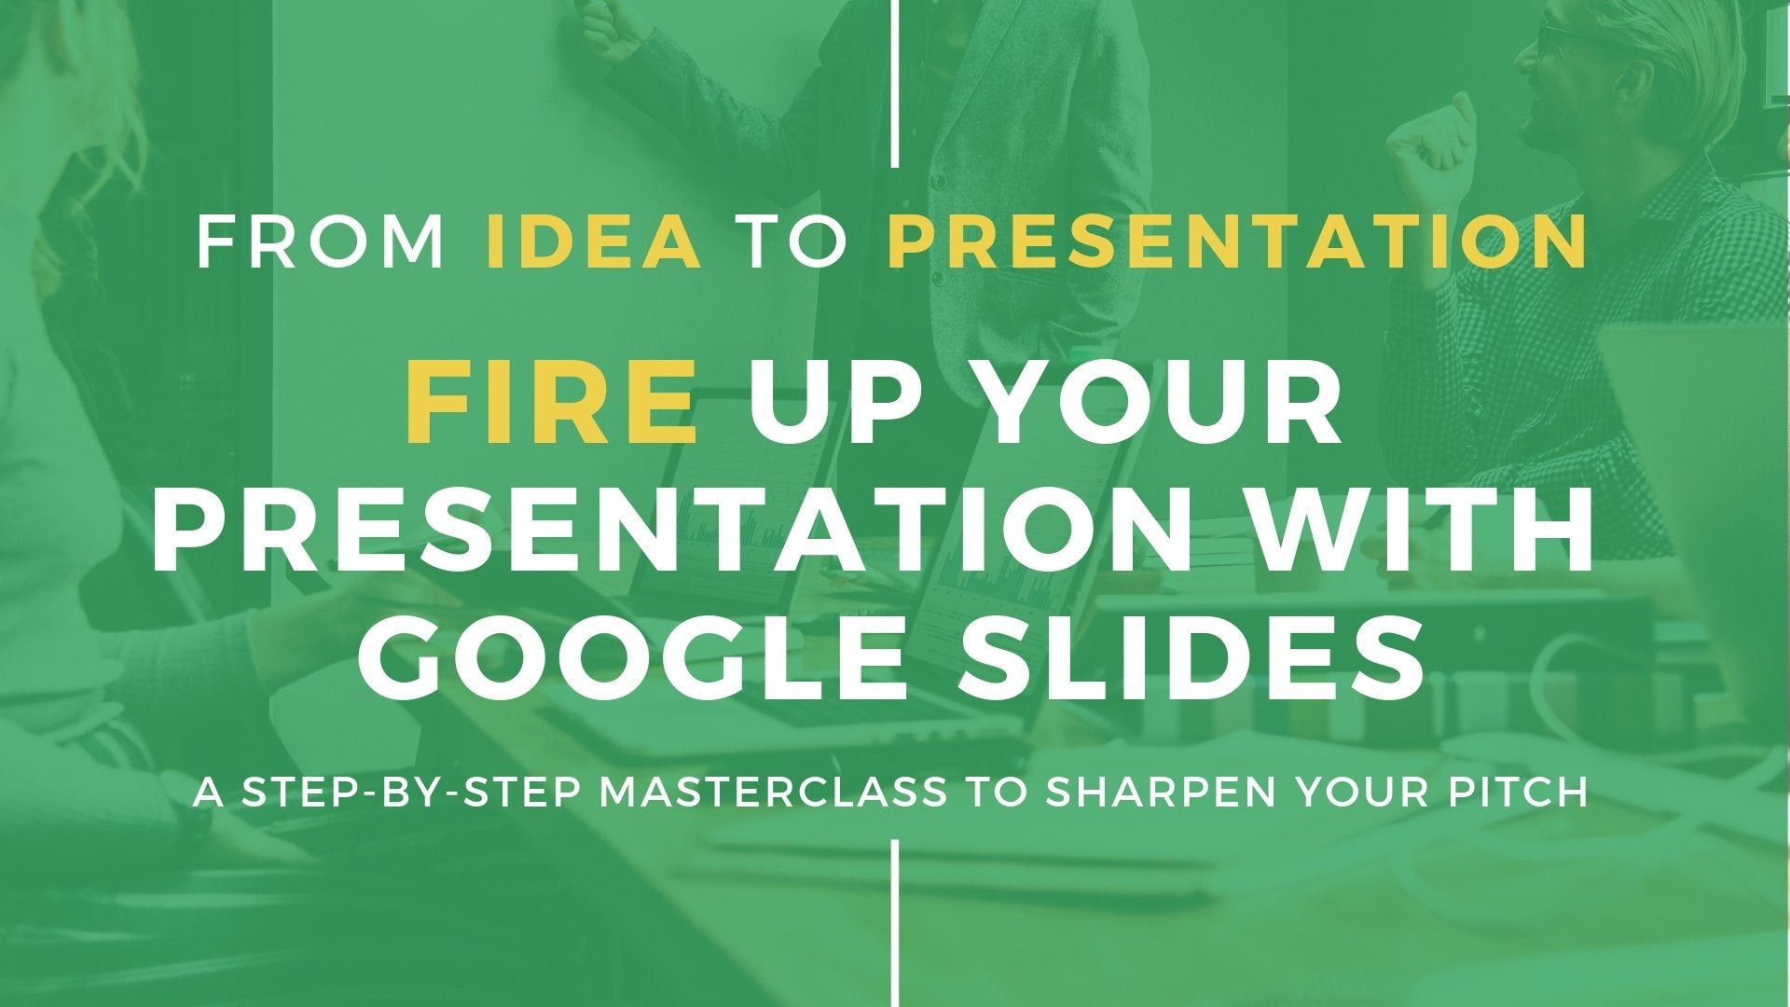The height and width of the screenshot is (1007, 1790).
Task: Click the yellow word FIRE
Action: point(551,408)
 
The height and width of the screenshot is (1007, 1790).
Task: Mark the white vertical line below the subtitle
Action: point(895,923)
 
